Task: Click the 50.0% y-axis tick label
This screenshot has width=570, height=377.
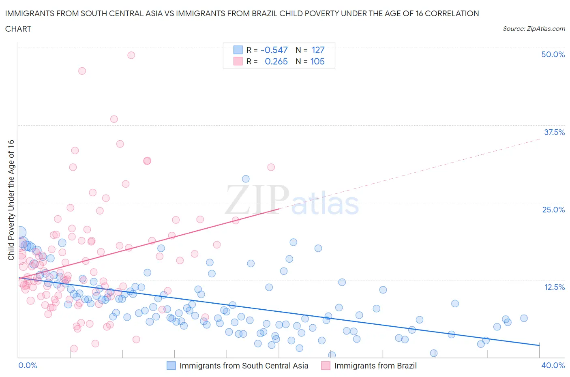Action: tap(553, 54)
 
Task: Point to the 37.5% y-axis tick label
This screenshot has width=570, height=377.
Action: tap(554, 132)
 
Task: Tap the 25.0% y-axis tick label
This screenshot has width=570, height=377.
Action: tap(553, 210)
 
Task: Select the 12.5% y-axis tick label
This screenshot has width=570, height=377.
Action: tap(554, 287)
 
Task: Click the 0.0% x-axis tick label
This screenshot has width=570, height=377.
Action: tap(28, 365)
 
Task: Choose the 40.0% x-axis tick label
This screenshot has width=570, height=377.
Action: tap(553, 365)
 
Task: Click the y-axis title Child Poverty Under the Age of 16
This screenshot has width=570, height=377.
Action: tap(11, 200)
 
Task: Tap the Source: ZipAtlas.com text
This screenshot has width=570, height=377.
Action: tap(534, 28)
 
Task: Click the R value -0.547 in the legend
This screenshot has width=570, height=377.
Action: tap(274, 50)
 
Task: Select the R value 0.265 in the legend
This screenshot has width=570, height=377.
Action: tap(276, 61)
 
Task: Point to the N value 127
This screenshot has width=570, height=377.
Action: tap(318, 50)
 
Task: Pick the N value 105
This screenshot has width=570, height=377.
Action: tap(317, 61)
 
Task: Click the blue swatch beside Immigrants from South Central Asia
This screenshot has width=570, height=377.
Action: tap(171, 366)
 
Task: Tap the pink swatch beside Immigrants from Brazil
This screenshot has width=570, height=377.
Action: tap(326, 366)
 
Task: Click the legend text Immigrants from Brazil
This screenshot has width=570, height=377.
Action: tap(375, 366)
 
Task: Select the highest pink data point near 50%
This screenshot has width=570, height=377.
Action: tap(131, 55)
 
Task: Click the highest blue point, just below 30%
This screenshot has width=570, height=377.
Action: tap(246, 179)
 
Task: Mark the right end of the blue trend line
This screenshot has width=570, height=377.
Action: tap(539, 345)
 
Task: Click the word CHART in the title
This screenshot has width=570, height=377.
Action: tap(18, 29)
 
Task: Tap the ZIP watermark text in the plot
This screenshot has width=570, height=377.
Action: tap(257, 200)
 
